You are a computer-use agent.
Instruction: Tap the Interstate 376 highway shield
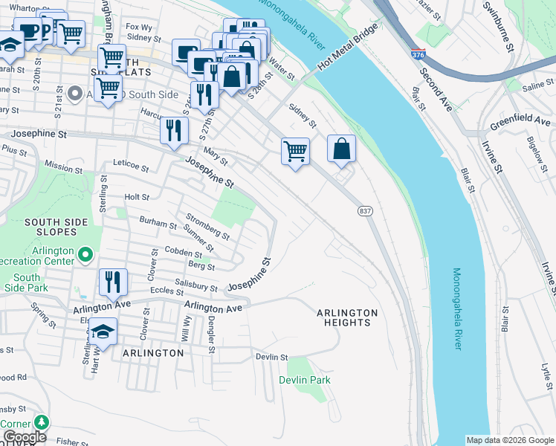pyautogui.click(x=418, y=55)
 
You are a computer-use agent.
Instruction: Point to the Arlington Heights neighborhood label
pyautogui.click(x=347, y=317)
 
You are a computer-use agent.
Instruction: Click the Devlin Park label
pyautogui.click(x=305, y=380)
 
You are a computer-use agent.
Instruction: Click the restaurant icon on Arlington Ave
pyautogui.click(x=113, y=282)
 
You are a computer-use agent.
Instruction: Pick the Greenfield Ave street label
pyautogui.click(x=520, y=121)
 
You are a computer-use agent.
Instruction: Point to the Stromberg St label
pyautogui.click(x=207, y=227)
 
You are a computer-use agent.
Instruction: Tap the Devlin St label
pyautogui.click(x=271, y=358)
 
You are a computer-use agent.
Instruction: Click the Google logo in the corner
pyautogui.click(x=24, y=437)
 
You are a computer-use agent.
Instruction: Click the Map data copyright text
pyautogui.click(x=510, y=440)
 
